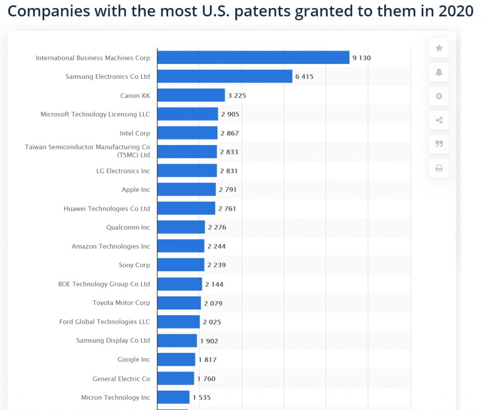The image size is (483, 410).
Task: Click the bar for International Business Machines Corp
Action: coord(253,57)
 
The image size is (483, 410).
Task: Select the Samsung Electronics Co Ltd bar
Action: coord(225,76)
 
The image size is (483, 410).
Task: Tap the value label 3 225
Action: coord(237,96)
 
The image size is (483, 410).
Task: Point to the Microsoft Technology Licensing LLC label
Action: coord(95,114)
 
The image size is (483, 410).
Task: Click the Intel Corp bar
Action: coord(187,133)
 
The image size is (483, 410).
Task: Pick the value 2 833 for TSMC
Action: coord(229,152)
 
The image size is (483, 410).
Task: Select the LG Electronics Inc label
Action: coord(123,171)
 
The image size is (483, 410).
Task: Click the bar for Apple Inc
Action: coord(186,189)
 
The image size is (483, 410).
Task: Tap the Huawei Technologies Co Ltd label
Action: coord(107,208)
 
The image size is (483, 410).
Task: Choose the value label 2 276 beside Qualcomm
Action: coord(217,227)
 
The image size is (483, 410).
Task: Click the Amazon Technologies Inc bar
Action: coord(181,246)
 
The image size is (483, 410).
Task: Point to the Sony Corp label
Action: coord(134,265)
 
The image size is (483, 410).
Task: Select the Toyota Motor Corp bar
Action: coord(179,303)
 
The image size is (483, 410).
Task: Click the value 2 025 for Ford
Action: coord(212,322)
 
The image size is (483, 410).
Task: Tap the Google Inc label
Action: coord(134,359)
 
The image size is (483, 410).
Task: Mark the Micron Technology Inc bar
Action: coord(173,397)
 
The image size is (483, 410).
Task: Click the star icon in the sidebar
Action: coord(439,48)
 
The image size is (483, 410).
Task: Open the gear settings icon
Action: coord(439,96)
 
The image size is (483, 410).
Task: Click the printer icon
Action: coord(439,168)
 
